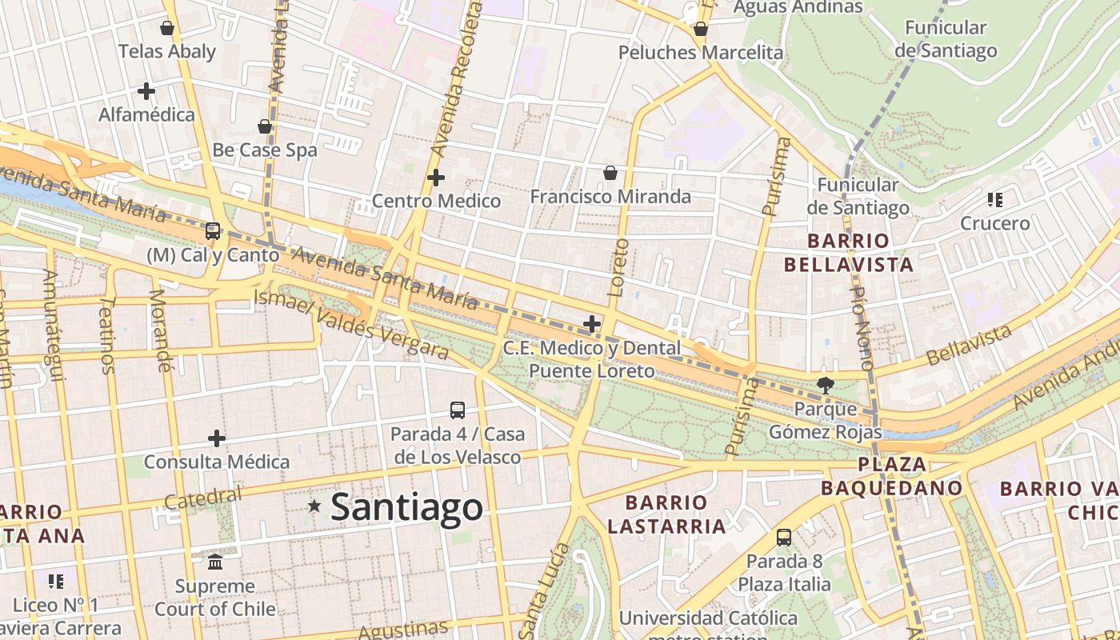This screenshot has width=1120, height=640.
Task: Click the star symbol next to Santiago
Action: point(314,506)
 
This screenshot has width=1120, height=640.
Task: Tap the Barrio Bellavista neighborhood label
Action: point(848,253)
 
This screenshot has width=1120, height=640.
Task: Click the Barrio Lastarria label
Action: point(666,514)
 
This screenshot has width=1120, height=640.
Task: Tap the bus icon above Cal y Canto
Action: point(213,231)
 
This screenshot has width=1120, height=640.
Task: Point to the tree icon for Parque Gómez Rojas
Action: point(825,385)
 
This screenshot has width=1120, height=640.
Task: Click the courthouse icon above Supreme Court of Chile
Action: point(215,562)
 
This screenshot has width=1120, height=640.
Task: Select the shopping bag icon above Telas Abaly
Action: point(167,28)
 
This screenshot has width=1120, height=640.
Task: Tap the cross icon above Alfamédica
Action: point(146,91)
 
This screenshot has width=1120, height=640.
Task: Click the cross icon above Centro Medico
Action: point(436,178)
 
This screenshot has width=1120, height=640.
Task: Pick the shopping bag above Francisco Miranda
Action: point(610,173)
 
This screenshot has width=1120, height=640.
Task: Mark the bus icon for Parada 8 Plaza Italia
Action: point(784,538)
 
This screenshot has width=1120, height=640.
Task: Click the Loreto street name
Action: point(618,268)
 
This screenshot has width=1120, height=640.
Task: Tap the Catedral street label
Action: point(202,498)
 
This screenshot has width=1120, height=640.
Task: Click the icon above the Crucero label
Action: point(995,200)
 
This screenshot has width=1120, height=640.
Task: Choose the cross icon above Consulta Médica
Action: point(217,438)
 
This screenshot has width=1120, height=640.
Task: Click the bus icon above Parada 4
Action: point(458,410)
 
